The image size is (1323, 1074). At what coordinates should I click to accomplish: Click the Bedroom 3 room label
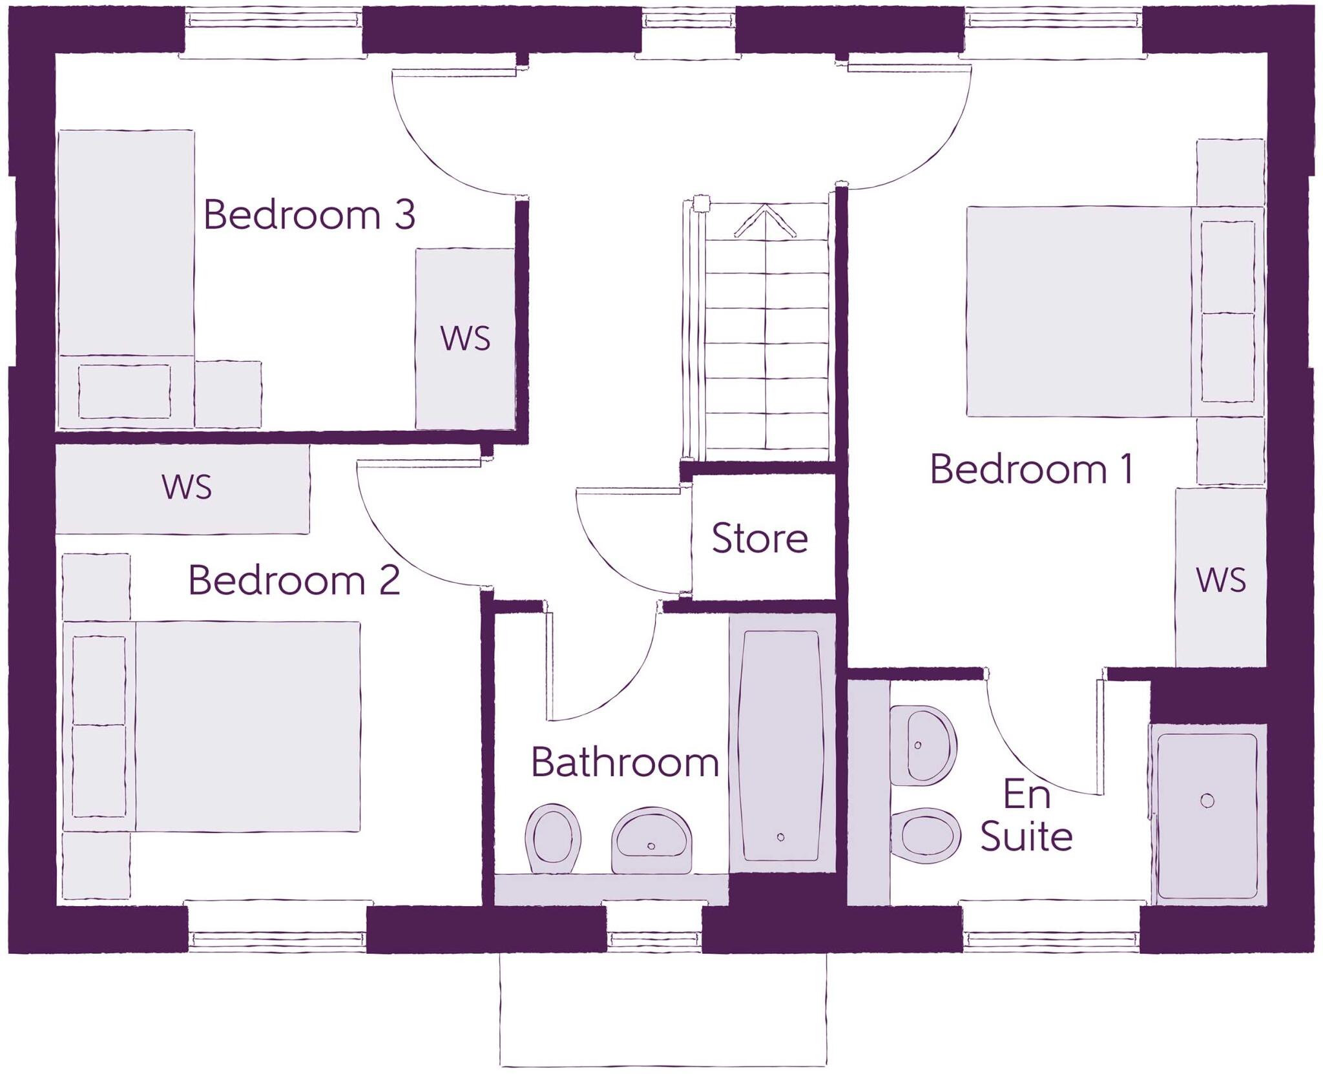309,215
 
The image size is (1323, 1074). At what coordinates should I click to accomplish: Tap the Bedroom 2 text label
294,580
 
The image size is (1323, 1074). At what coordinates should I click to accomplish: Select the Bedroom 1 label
1032,469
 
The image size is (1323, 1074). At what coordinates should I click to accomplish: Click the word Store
760,538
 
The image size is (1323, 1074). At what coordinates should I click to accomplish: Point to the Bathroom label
625,763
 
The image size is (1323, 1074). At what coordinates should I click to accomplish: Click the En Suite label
1026,816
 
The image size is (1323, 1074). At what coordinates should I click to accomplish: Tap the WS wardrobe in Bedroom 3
465,338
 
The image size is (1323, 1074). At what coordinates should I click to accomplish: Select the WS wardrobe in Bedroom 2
186,487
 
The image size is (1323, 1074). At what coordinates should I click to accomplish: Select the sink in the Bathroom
651,840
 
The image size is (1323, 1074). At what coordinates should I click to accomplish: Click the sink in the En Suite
922,745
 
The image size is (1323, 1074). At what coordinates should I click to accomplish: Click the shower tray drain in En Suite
1207,801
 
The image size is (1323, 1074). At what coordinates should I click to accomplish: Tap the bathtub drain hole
780,838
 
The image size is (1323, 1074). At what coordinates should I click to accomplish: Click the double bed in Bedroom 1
1079,311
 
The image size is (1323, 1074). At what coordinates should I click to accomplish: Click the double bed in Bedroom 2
245,726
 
